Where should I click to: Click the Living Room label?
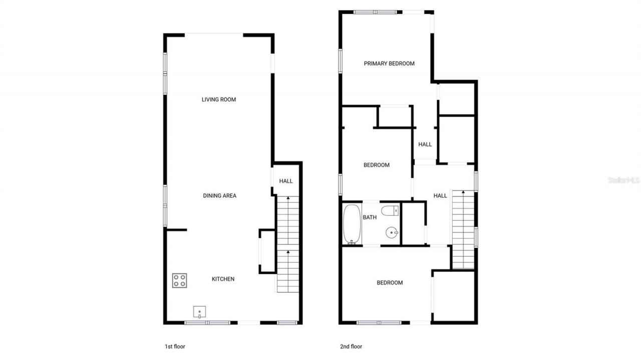[x=219, y=100]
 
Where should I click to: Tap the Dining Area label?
[x=219, y=196]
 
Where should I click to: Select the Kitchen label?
[x=223, y=279]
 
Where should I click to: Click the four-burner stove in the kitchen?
[x=180, y=280]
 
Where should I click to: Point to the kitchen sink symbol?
[x=200, y=312]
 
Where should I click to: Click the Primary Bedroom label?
[x=389, y=64]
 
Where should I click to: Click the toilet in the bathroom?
[x=390, y=211]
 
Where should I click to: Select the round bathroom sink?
[x=392, y=232]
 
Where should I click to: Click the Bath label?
[x=370, y=217]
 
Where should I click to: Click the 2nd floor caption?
[x=351, y=346]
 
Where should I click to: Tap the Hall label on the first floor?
[x=286, y=181]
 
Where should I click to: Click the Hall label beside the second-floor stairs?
[x=440, y=196]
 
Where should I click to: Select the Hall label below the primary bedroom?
[x=425, y=145]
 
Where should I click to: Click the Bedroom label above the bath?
[x=377, y=165]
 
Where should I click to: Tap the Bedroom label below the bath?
[x=390, y=283]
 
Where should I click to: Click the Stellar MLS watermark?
[x=624, y=180]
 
